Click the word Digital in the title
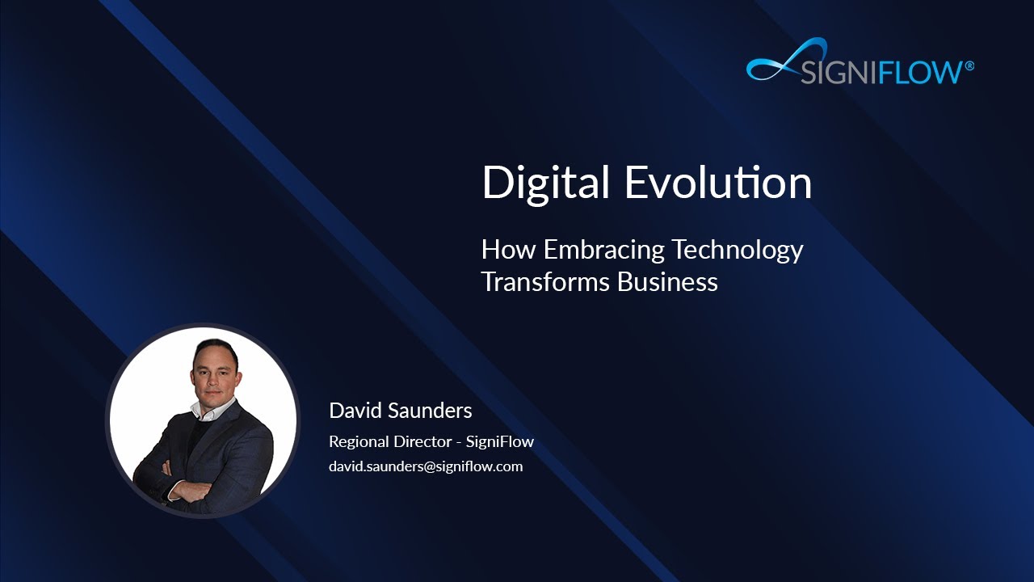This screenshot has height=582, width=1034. (x=545, y=183)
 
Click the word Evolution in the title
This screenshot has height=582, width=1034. (x=718, y=183)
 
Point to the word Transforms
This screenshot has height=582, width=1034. (x=545, y=282)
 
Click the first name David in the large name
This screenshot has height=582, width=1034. (x=355, y=411)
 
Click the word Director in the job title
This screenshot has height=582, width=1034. (x=423, y=442)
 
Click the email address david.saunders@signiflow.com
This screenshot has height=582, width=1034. (x=426, y=466)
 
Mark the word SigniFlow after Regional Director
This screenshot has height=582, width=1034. (x=500, y=442)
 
